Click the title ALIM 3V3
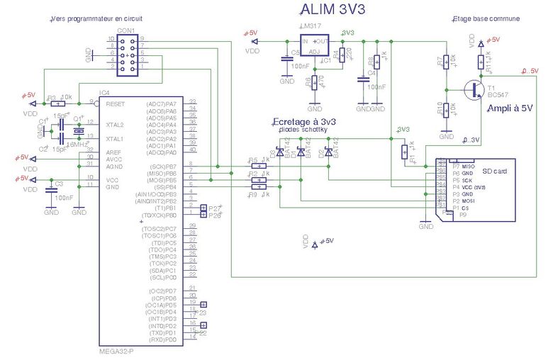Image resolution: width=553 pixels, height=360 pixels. (x=328, y=9)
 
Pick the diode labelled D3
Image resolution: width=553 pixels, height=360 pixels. (x=280, y=153)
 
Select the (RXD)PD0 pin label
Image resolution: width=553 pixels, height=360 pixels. (x=161, y=339)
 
